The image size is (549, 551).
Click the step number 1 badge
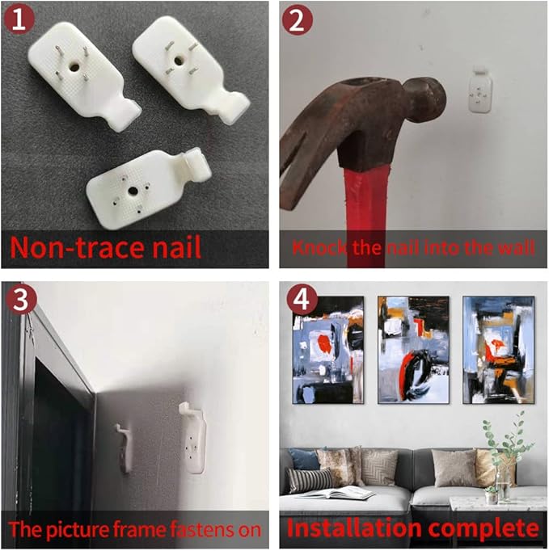coord(19,19)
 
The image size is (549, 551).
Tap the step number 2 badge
coord(298,19)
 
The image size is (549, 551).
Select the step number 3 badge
coord(21,299)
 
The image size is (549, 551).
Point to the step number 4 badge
coord(302,300)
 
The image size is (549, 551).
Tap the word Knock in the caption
coord(318,247)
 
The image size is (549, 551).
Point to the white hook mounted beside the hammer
coord(480,90)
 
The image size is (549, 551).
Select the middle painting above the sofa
coord(413,350)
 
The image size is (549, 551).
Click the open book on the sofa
coord(336,493)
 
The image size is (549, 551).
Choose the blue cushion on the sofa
coord(303,459)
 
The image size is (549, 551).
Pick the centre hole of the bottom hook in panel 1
coord(133,191)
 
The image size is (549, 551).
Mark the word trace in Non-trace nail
coord(105,247)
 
